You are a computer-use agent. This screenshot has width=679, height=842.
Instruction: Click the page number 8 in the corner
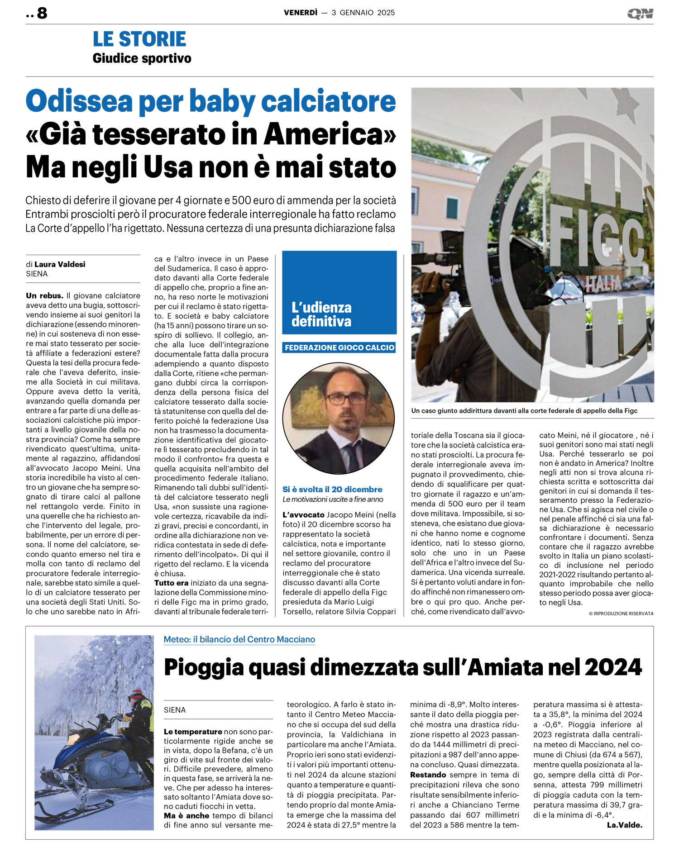(x=42, y=13)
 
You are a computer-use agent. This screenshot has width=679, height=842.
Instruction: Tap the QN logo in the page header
(x=640, y=14)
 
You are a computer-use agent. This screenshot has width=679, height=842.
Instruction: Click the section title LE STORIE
(x=139, y=39)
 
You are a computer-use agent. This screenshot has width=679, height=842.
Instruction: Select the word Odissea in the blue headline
(x=79, y=101)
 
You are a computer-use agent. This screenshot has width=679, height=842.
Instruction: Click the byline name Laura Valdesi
(x=60, y=264)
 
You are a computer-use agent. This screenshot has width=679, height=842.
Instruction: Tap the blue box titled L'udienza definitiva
(x=339, y=293)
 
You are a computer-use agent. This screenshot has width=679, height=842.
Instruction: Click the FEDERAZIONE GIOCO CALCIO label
(x=339, y=347)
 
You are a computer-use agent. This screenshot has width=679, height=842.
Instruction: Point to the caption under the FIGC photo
(x=524, y=411)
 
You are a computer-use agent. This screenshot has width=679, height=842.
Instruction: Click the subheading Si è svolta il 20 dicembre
(x=332, y=489)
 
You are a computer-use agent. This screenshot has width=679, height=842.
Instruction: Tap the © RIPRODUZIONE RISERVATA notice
(x=621, y=614)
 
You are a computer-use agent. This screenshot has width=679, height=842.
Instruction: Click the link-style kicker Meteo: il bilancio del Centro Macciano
(x=239, y=639)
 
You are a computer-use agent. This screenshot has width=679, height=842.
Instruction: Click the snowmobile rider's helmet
(x=135, y=695)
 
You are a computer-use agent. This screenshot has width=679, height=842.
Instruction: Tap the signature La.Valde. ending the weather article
(x=624, y=825)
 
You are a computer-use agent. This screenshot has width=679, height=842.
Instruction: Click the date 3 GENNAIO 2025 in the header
(x=363, y=13)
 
